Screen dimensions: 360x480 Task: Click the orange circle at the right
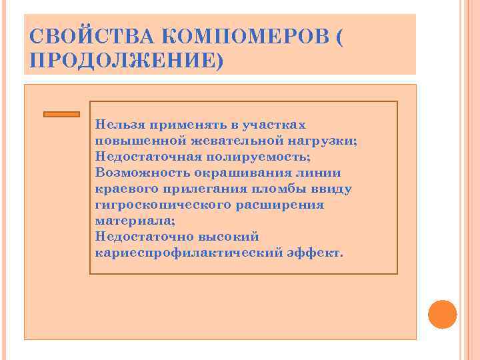pyautogui.click(x=442, y=314)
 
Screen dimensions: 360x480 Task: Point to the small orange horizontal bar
pyautogui.click(x=61, y=114)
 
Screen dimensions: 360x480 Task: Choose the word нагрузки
pyautogui.click(x=327, y=141)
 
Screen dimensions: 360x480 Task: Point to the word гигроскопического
pyautogui.click(x=163, y=205)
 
